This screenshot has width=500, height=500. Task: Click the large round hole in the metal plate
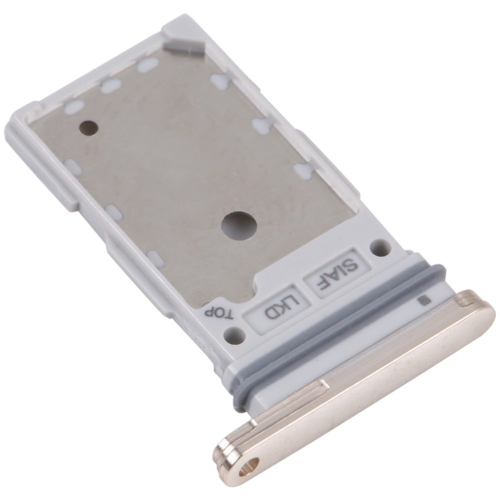pyautogui.click(x=239, y=225)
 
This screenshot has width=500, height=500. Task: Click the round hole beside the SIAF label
pyautogui.click(x=380, y=247)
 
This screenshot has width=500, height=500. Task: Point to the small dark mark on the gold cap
pyautogui.click(x=424, y=300)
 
